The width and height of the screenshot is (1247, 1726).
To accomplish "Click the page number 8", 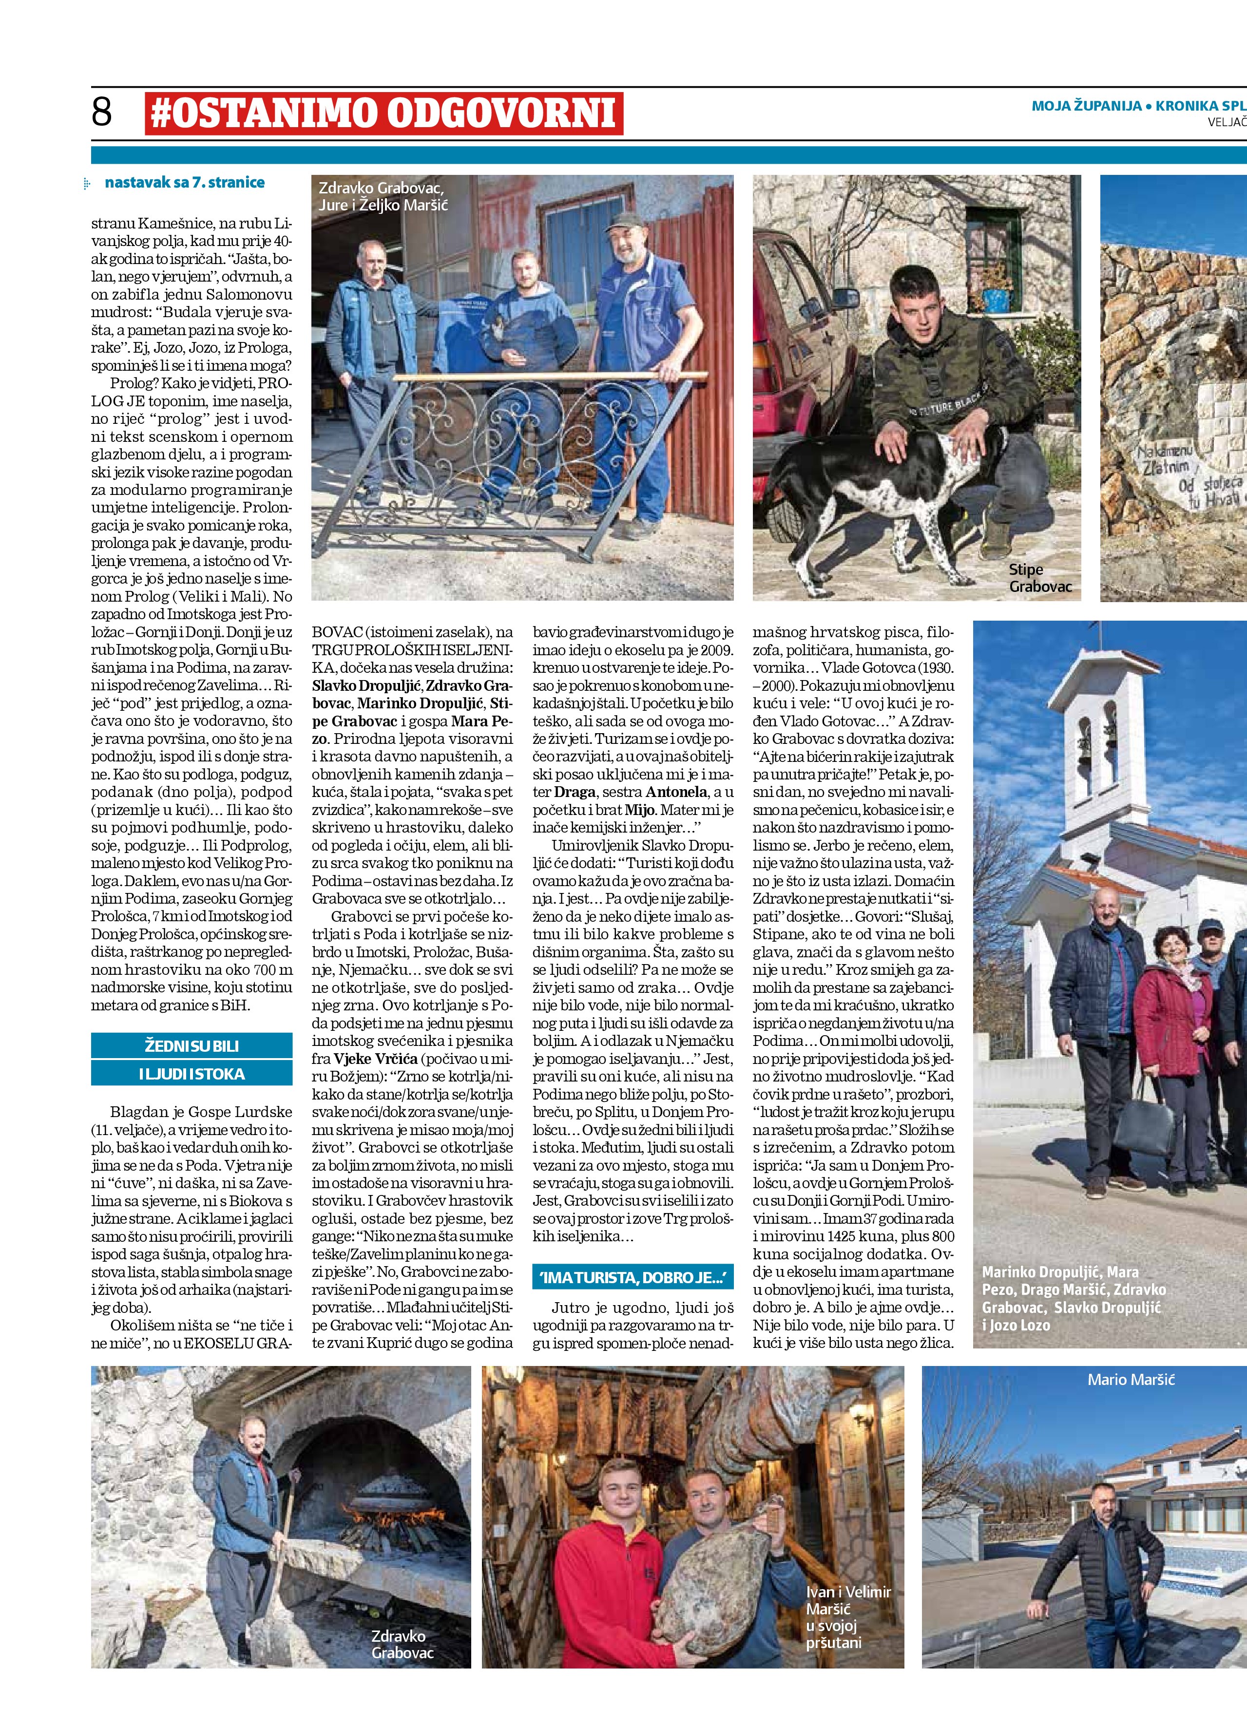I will [101, 113].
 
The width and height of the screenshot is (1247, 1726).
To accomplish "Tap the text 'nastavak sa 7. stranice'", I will [184, 183].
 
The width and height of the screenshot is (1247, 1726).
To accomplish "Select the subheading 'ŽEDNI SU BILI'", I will [192, 1045].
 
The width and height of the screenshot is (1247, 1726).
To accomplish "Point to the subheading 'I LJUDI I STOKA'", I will [192, 1074].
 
